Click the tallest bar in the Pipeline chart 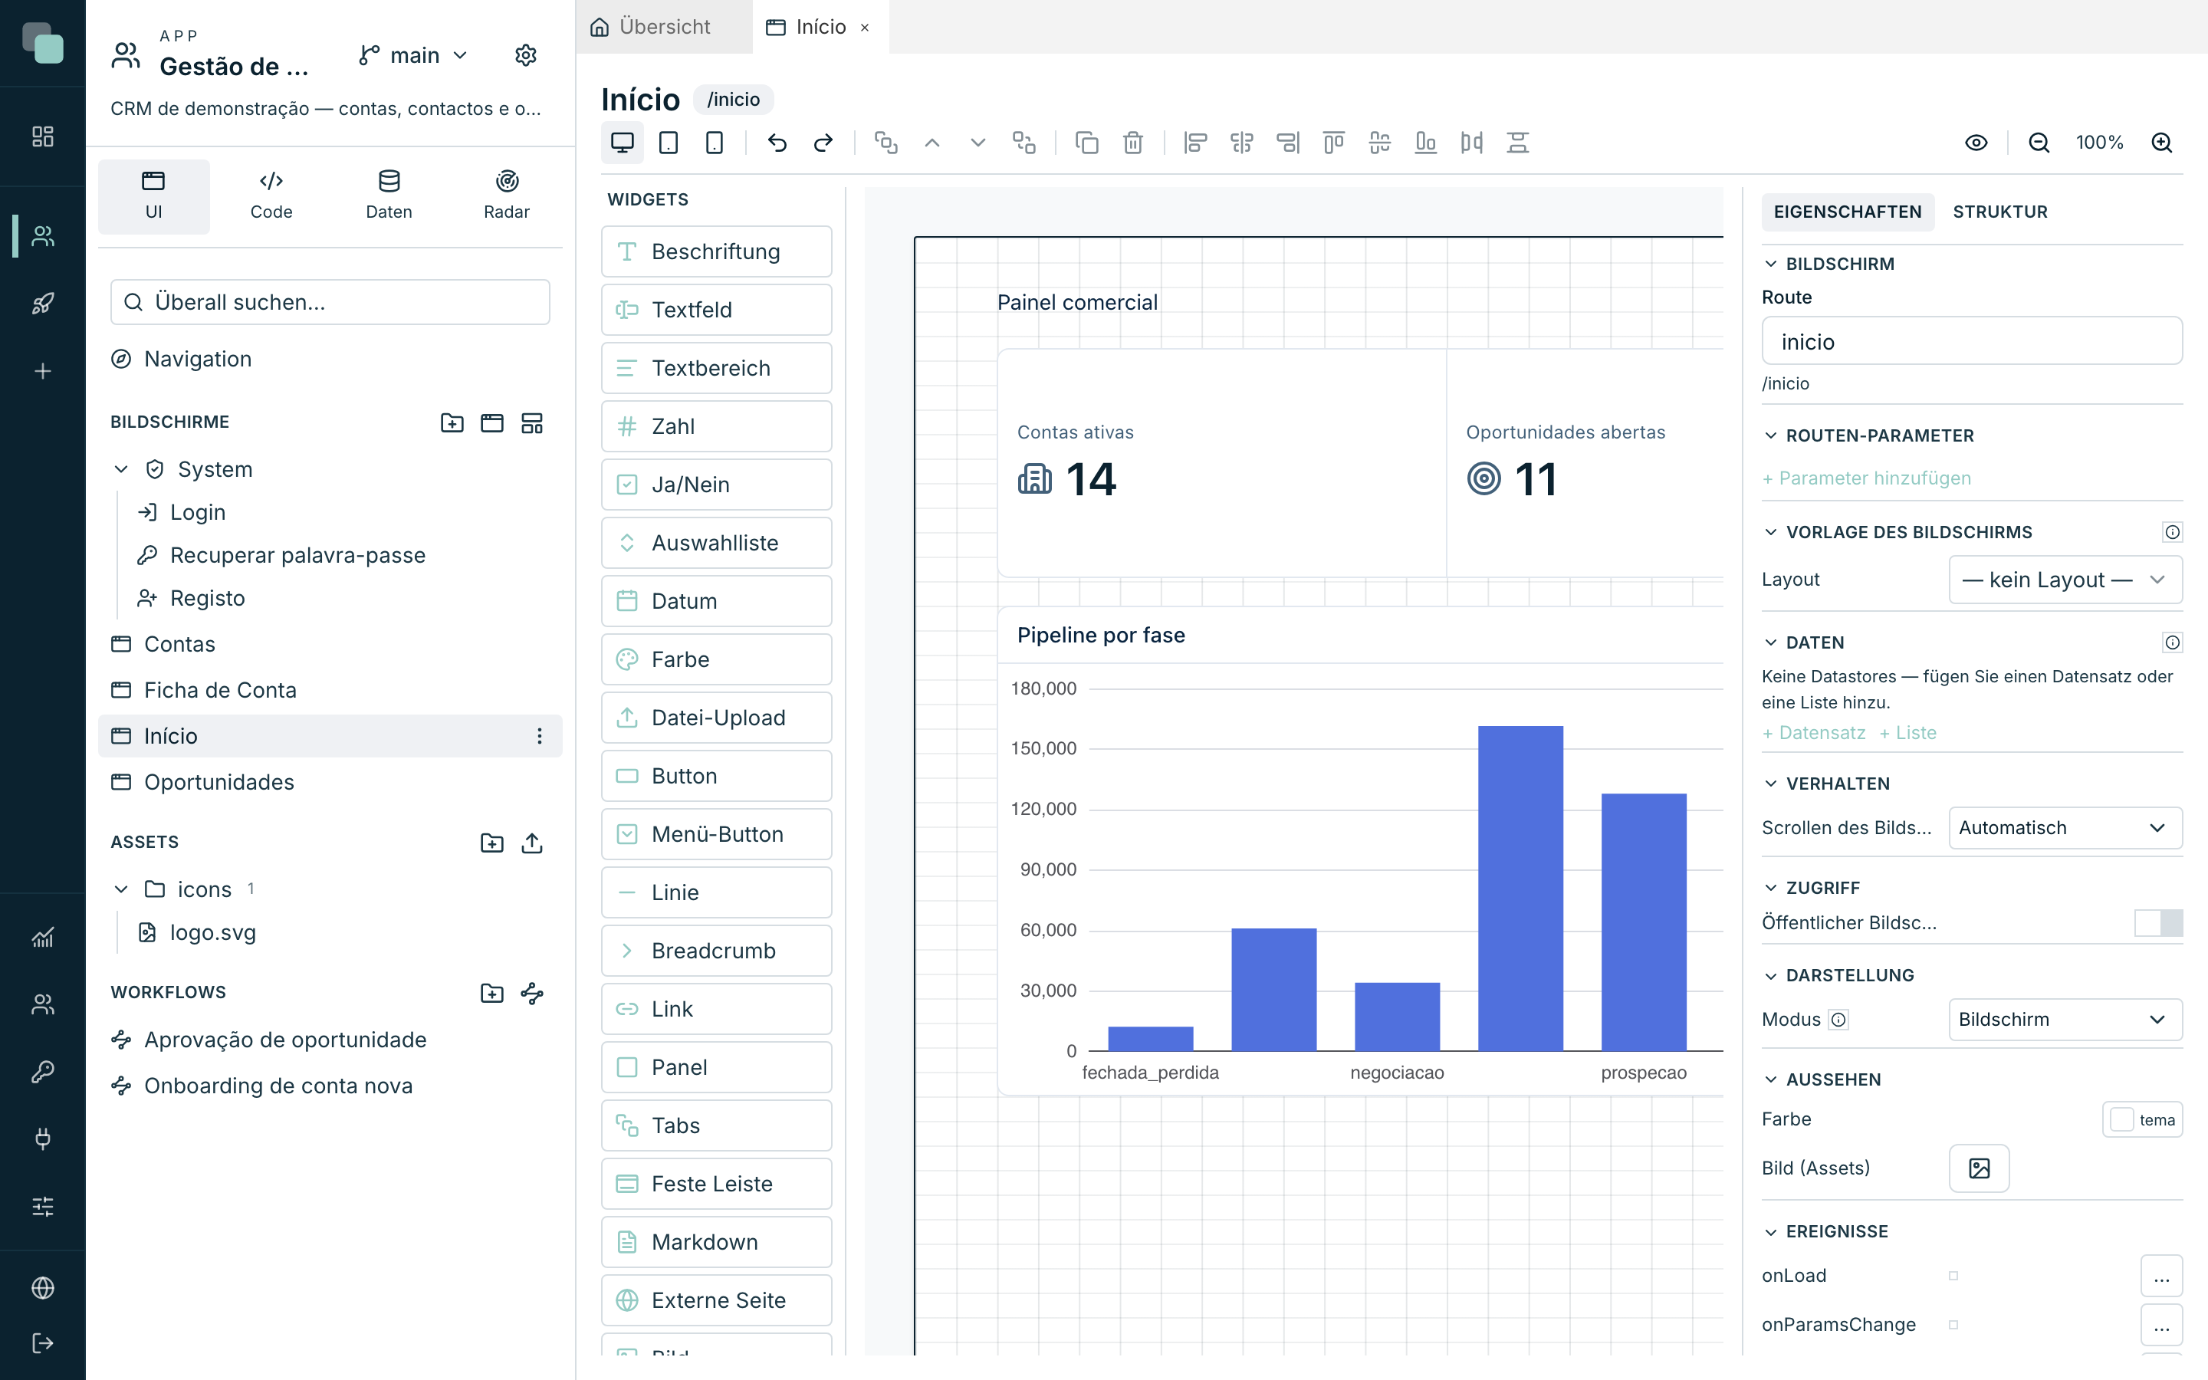coord(1520,888)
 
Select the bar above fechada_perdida coord(1151,1039)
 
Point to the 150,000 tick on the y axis coord(1043,748)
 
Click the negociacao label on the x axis coord(1397,1073)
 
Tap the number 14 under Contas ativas coord(1090,479)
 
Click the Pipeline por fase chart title coord(1100,636)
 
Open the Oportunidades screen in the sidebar coord(219,782)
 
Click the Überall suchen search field coord(330,302)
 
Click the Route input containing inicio coord(1972,341)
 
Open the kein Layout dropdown coord(2065,580)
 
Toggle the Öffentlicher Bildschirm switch coord(2158,923)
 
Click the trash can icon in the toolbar coord(1132,143)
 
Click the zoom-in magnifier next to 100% coord(2161,143)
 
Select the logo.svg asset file coord(212,933)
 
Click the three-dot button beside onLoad coord(2161,1276)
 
